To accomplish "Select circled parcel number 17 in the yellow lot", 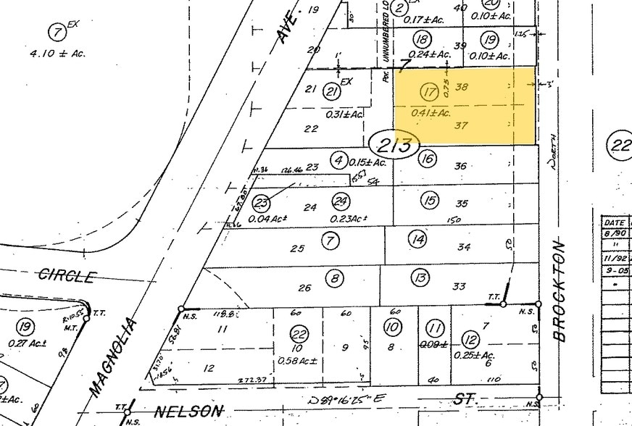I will pos(430,92).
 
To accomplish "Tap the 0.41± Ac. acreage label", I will pos(431,112).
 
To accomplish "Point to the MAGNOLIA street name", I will pos(113,356).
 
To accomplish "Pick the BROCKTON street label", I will pos(560,290).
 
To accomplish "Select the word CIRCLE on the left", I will pos(67,276).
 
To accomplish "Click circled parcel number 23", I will pos(262,204).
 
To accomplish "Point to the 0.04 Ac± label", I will pos(266,218).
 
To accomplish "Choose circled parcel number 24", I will pos(341,201).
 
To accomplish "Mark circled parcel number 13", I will pos(420,277).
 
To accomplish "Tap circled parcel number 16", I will pos(427,158).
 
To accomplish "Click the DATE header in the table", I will pos(616,223).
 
